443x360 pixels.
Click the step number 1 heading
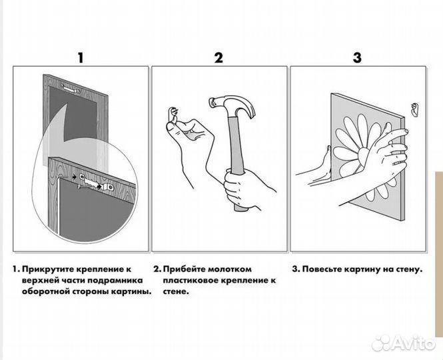coord(81,57)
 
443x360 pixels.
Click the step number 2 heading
coord(218,57)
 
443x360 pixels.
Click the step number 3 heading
coord(357,57)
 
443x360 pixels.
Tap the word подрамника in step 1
coord(124,281)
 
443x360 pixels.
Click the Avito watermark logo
coord(404,343)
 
